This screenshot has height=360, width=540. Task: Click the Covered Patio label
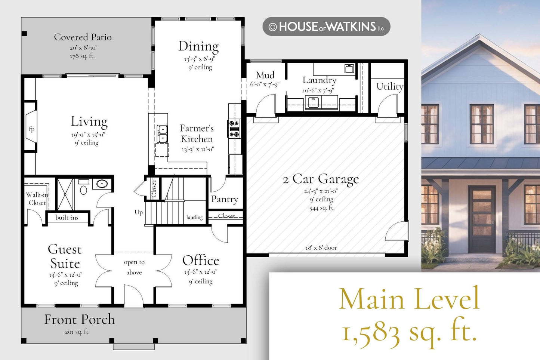[x=83, y=37]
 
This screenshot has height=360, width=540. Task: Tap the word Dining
[x=198, y=46]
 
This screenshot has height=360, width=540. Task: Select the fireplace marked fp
[x=31, y=127]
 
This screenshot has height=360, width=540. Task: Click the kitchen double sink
[x=162, y=134]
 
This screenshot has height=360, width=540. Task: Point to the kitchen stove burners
[x=234, y=129]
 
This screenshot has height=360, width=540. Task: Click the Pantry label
[x=225, y=199]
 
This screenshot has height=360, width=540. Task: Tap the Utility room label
[x=389, y=87]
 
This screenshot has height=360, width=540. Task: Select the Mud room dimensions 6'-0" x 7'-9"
[x=265, y=84]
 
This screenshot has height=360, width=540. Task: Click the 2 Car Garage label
[x=321, y=179]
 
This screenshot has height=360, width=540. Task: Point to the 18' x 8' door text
[x=321, y=247]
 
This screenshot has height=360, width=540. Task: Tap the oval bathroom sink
[x=102, y=184]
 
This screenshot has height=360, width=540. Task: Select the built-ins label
[x=67, y=218]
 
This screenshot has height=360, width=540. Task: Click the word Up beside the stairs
[x=139, y=212]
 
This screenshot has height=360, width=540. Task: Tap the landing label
[x=195, y=217]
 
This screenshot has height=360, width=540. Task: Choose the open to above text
[x=134, y=267]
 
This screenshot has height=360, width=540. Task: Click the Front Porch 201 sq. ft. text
[x=77, y=332]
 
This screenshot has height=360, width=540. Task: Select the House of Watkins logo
[x=326, y=27]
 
